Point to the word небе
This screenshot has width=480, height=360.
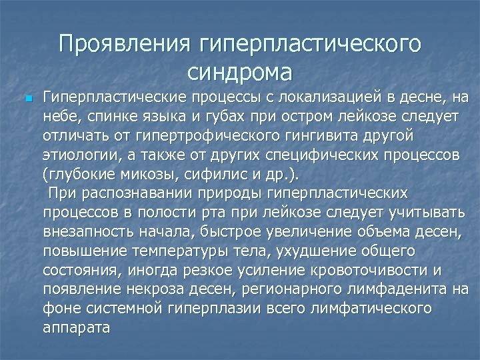coord(61,118)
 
